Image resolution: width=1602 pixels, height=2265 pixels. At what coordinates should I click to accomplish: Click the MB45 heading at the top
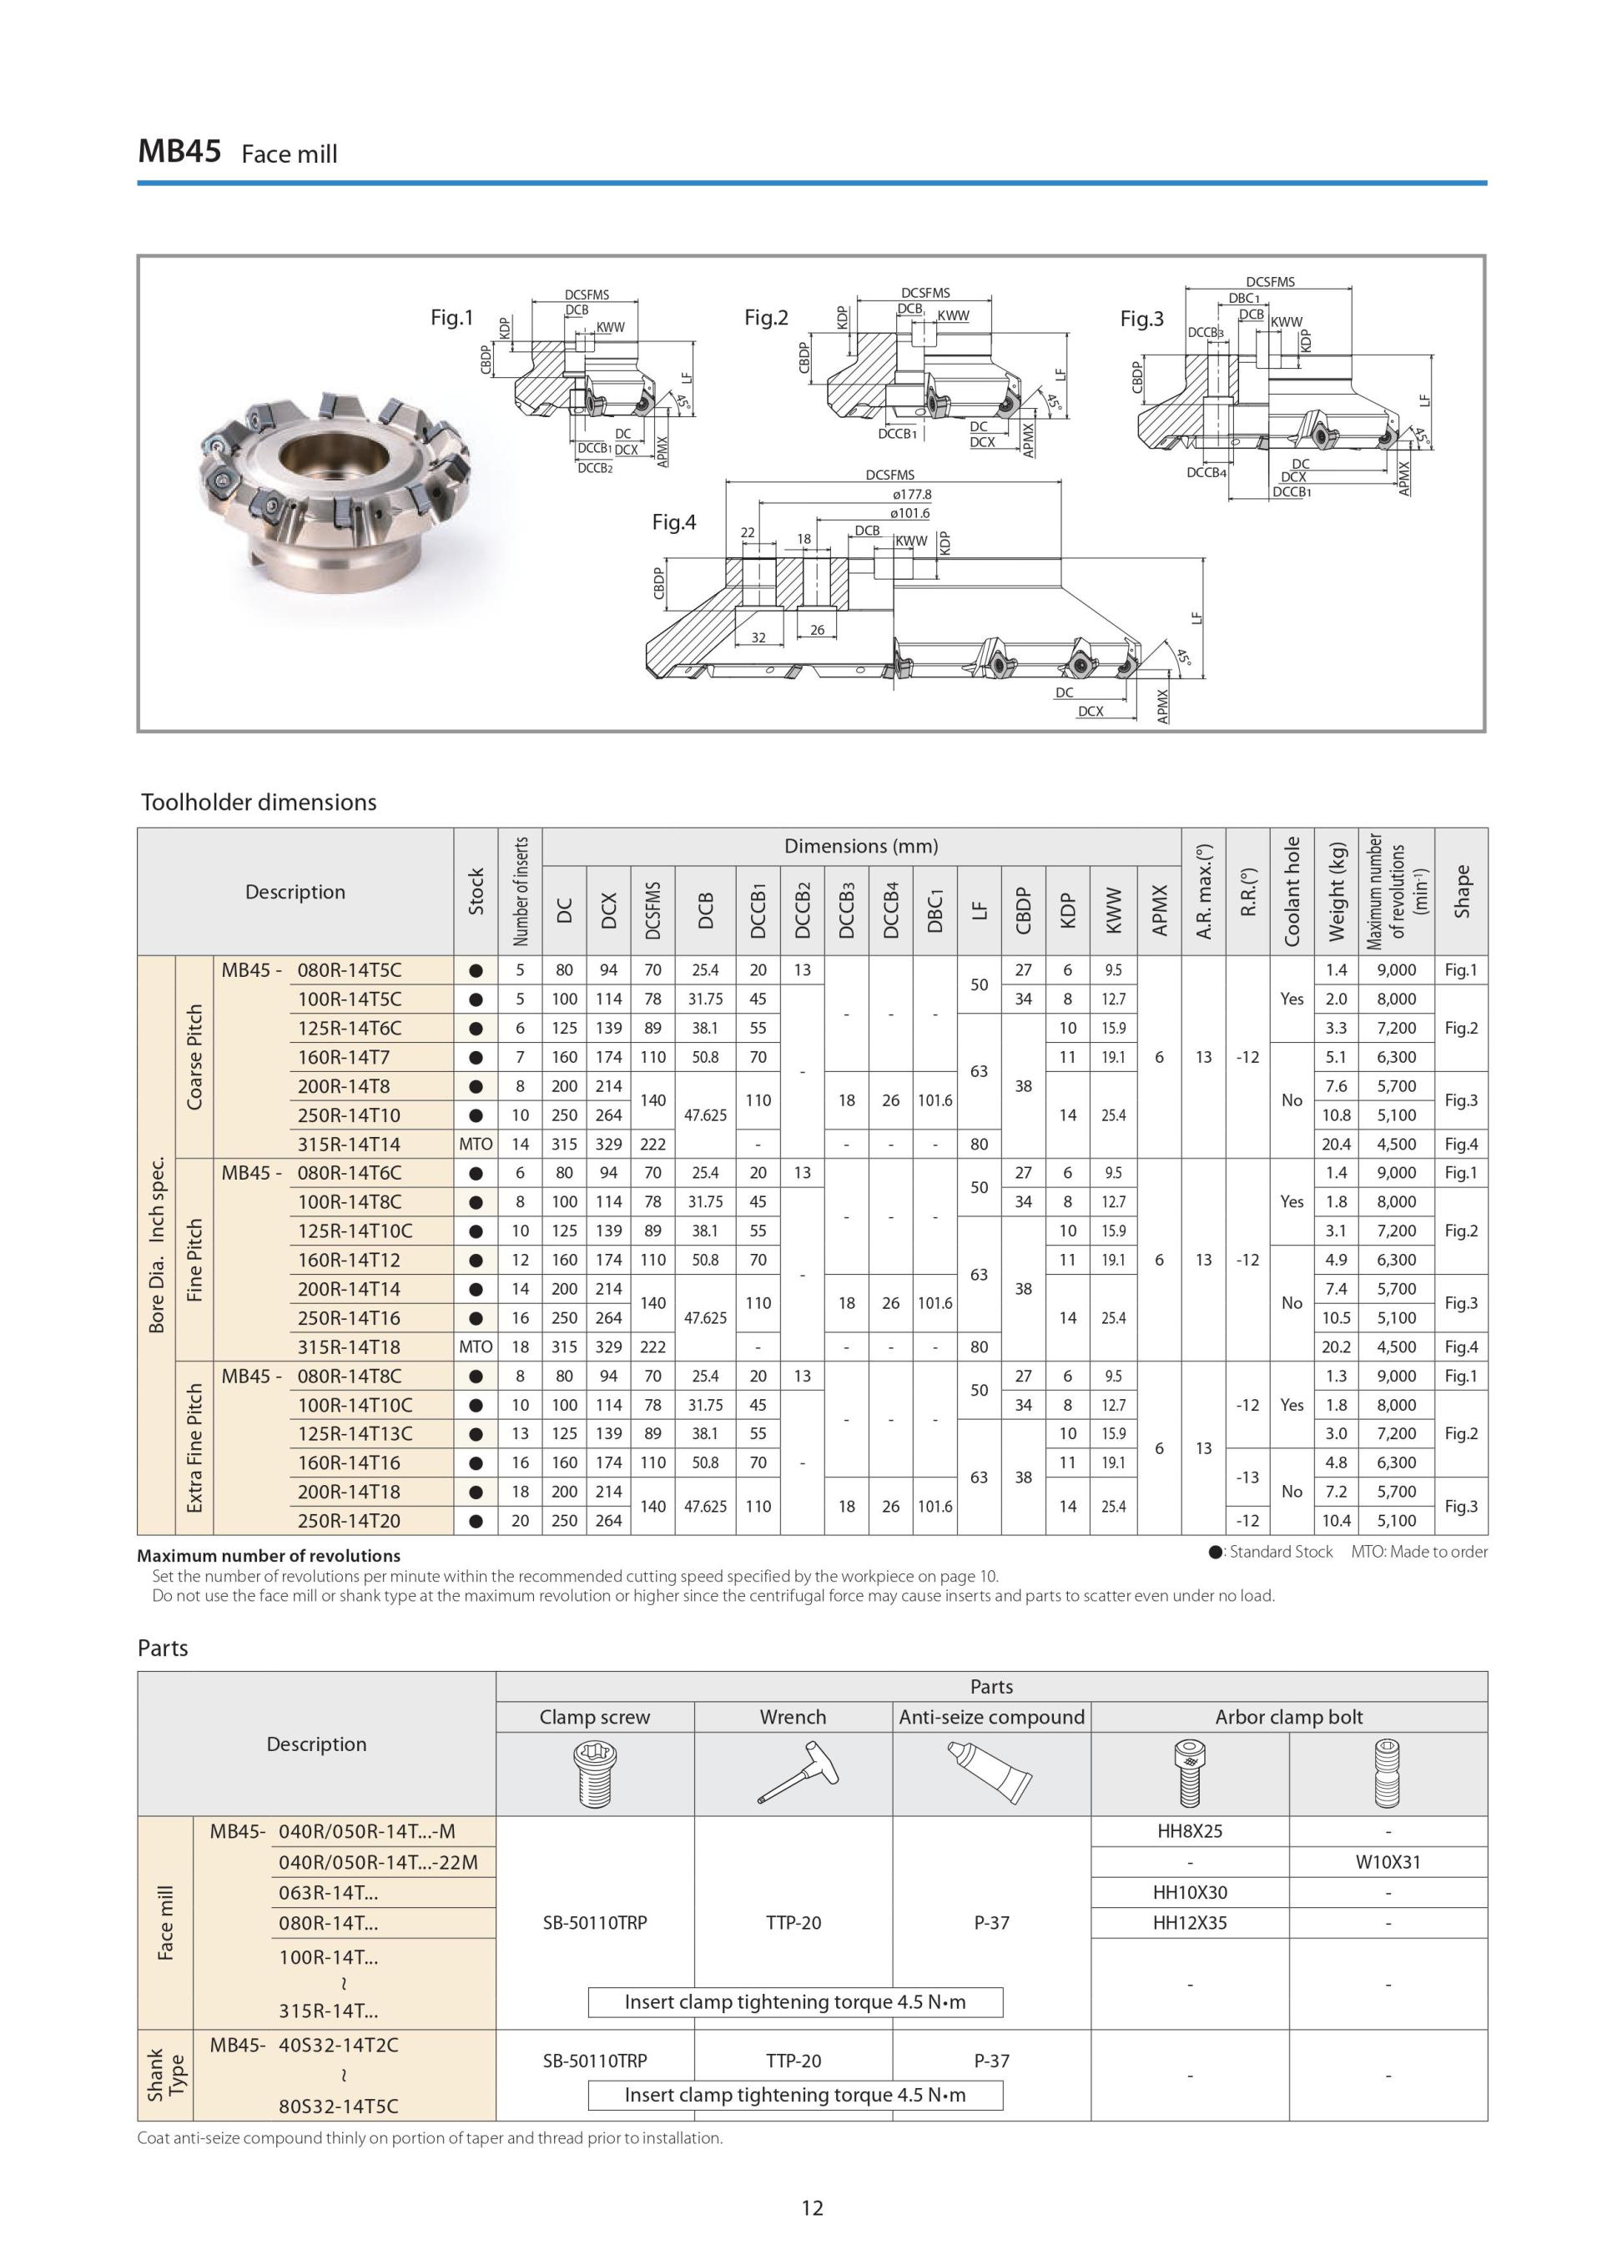click(x=179, y=151)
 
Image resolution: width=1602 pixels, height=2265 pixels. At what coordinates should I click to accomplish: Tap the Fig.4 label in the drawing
click(x=673, y=522)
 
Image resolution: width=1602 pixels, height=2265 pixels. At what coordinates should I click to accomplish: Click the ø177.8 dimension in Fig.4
click(x=910, y=494)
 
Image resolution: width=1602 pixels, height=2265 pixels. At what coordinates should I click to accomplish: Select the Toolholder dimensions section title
click(x=259, y=802)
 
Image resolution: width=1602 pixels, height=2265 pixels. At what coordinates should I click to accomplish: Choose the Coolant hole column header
click(x=1292, y=892)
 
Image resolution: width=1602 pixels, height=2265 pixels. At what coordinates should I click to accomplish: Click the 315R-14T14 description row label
click(x=350, y=1145)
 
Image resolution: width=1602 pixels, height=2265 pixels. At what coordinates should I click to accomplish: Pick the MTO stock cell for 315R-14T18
click(x=476, y=1346)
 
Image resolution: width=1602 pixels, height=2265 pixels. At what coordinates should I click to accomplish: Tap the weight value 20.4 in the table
click(x=1336, y=1145)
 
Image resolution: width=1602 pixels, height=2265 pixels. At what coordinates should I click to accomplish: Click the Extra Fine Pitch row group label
click(x=194, y=1448)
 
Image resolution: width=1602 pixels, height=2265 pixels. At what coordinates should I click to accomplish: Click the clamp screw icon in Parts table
click(x=595, y=1774)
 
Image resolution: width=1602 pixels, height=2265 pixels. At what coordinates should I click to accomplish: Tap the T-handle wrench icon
click(x=797, y=1774)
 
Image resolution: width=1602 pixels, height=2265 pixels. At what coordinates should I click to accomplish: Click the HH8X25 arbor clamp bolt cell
click(x=1190, y=1831)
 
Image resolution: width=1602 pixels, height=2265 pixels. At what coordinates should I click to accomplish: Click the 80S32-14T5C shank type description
click(x=339, y=2106)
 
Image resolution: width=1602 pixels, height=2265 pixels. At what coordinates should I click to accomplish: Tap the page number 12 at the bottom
click(x=811, y=2207)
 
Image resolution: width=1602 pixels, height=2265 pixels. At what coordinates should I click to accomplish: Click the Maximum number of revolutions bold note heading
click(x=269, y=1556)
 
